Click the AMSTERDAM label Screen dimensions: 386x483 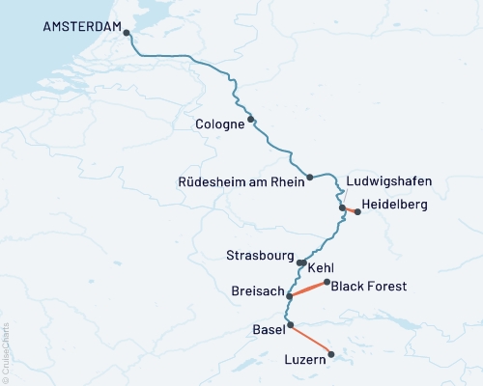click(x=82, y=27)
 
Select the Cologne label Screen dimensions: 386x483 click(x=218, y=124)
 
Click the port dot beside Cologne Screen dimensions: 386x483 click(x=251, y=120)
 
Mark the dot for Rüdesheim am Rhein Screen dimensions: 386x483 click(x=310, y=177)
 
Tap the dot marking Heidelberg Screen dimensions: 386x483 click(x=357, y=211)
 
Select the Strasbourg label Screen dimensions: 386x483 click(x=258, y=257)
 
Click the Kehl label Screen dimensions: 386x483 click(x=322, y=267)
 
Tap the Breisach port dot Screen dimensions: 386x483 click(x=290, y=295)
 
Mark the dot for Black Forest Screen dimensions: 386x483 click(x=327, y=282)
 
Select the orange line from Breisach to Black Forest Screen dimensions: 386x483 click(x=308, y=289)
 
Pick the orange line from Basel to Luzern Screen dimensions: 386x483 click(x=311, y=340)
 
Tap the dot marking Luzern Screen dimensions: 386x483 click(x=331, y=354)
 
